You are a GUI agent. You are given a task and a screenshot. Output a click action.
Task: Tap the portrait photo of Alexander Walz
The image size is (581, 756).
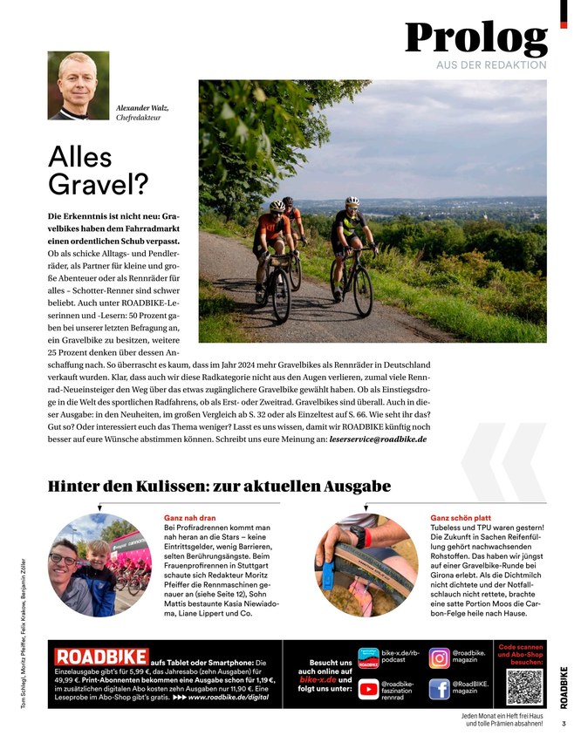pos(79,85)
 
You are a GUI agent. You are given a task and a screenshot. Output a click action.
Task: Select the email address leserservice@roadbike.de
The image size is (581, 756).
pos(378,440)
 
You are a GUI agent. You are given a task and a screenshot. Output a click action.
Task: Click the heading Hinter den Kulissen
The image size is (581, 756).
pos(219,486)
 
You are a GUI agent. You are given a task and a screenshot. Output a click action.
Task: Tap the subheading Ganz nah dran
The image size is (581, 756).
pos(189,517)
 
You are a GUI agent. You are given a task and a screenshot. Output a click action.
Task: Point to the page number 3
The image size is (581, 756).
pos(564,723)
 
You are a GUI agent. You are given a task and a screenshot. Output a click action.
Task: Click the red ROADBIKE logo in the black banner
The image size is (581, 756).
pos(101,656)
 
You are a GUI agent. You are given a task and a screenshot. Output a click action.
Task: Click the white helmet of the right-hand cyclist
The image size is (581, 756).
pos(352,201)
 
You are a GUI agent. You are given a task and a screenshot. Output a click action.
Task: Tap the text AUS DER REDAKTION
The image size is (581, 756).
pos(491,65)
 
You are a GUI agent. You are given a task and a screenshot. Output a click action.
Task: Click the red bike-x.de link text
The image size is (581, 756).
pos(318,678)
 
